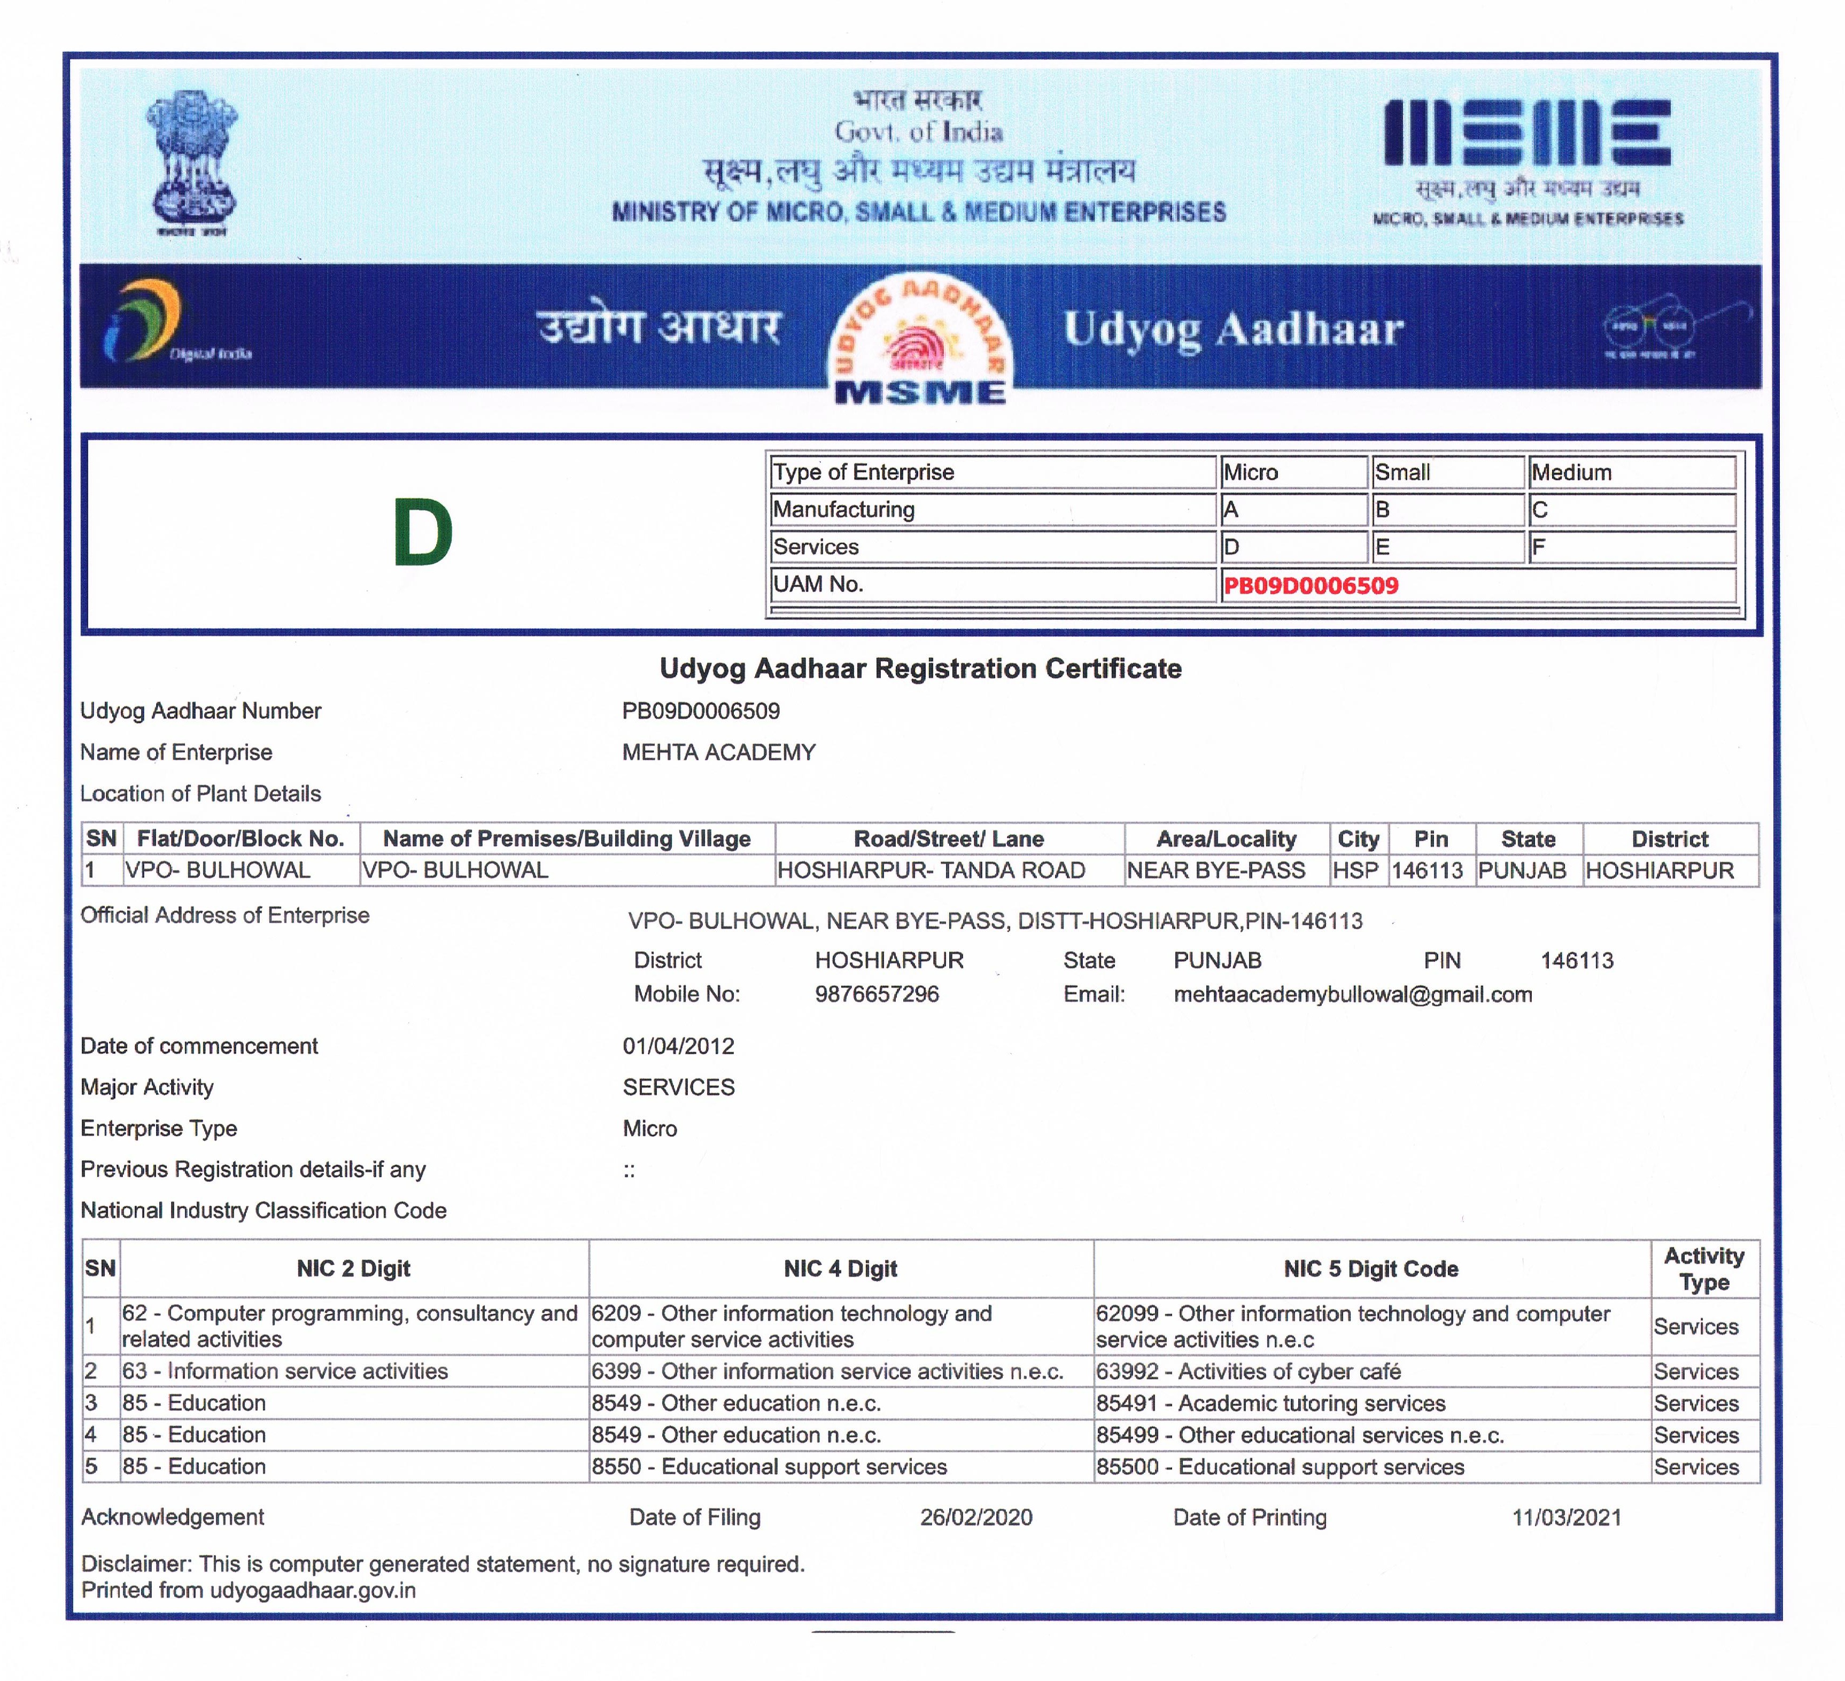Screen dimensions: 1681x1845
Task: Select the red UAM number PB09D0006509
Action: (1311, 586)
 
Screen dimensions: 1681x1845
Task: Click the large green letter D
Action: (423, 533)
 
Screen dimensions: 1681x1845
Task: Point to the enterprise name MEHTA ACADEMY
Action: (718, 752)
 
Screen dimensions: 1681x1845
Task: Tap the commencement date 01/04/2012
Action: (678, 1046)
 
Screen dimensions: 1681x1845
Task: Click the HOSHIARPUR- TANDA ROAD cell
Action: (931, 870)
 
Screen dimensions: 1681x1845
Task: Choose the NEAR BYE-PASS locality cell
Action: (1215, 870)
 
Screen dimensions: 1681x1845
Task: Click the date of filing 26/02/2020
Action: (975, 1517)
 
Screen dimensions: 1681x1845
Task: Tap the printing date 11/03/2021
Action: (1566, 1517)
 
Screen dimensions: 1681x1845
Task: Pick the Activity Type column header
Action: (1703, 1268)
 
